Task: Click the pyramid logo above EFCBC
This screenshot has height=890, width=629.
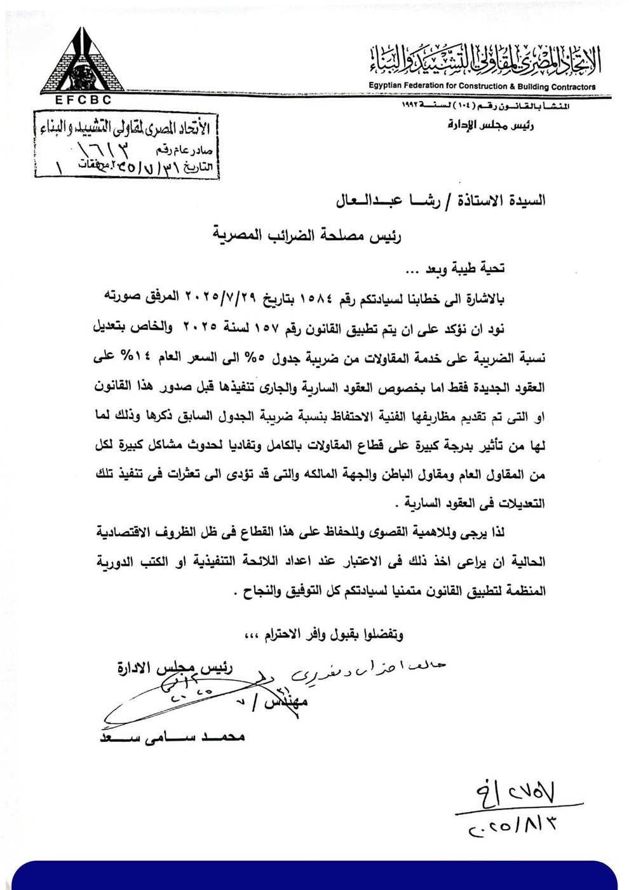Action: pyautogui.click(x=79, y=64)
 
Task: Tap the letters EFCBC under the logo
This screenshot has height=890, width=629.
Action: pyautogui.click(x=79, y=100)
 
